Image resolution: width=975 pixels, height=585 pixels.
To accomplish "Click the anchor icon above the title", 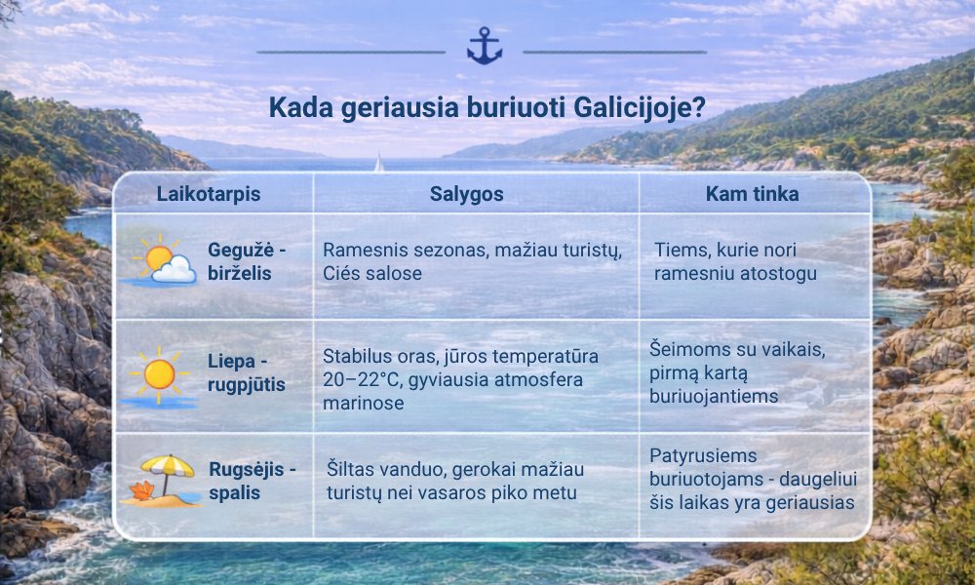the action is click(485, 46).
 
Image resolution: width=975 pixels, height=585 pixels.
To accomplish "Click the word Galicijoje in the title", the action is click(640, 107).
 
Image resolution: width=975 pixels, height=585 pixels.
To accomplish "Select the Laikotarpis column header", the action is click(209, 193).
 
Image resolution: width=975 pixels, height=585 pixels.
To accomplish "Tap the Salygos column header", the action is click(466, 194).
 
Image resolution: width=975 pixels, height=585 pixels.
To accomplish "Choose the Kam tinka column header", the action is click(752, 194).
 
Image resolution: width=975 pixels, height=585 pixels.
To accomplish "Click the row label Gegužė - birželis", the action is click(247, 261).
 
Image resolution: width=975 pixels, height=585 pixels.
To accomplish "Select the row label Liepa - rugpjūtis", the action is click(247, 372).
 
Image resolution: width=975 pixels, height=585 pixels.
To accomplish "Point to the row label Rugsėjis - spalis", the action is click(252, 481).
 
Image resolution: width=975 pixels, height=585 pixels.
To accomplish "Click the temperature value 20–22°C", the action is click(362, 379).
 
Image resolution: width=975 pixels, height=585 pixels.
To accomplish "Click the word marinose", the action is click(363, 403).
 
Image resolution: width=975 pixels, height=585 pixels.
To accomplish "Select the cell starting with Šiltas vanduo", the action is click(455, 481).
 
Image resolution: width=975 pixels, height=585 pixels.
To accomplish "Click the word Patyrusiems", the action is click(703, 455).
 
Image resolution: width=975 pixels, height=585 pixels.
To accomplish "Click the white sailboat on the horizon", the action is click(378, 163).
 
